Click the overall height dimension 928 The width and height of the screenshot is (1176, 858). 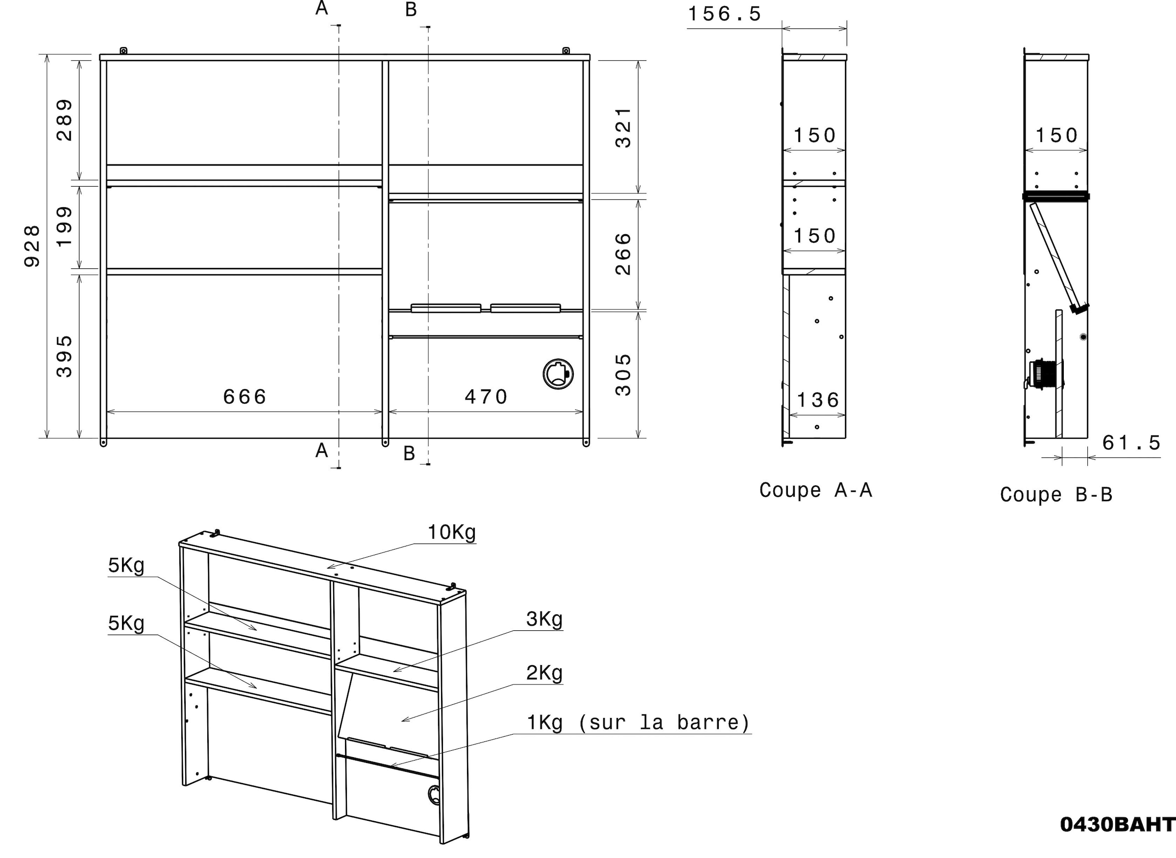point(32,246)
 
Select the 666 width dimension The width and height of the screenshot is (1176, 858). point(245,397)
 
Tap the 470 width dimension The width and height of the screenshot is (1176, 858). point(486,397)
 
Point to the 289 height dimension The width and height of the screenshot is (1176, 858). point(65,120)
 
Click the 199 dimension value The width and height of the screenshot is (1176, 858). point(65,227)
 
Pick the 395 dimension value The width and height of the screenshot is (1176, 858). point(65,357)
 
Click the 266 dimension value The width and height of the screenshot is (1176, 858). point(623,254)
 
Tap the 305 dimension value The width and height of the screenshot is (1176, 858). point(623,375)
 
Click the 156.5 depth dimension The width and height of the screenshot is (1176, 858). point(724,14)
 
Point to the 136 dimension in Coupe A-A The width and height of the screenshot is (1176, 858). point(818,401)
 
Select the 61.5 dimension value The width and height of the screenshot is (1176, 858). point(1131,443)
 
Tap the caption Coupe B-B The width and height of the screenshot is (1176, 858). point(1056,495)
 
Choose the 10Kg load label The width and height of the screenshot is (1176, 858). point(452,532)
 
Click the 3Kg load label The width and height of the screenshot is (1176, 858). point(544,619)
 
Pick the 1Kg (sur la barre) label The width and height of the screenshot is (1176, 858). point(638,722)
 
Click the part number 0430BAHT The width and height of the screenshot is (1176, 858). point(1117,839)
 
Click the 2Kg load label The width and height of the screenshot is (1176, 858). point(544,673)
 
